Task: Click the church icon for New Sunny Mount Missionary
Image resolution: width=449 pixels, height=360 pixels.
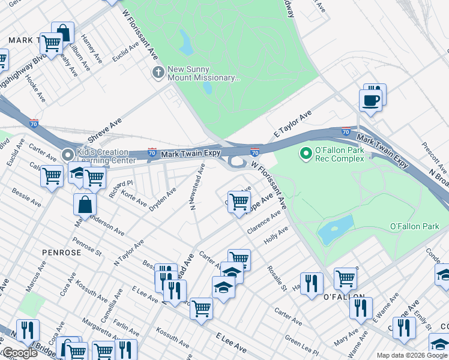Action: (x=157, y=73)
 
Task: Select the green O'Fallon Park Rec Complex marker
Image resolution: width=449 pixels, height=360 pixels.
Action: (x=306, y=154)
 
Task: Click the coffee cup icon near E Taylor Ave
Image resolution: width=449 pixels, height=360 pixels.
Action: (x=370, y=100)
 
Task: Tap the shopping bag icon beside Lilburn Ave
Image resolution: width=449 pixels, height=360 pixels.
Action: (x=62, y=33)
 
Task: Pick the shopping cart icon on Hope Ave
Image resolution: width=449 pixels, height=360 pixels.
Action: (x=239, y=202)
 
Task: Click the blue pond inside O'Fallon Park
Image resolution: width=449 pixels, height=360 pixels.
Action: (x=335, y=229)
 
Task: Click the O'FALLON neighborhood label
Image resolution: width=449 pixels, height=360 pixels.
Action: (x=344, y=297)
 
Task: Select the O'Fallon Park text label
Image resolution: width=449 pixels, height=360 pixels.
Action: (x=415, y=226)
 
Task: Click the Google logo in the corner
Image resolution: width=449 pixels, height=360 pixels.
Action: (x=19, y=353)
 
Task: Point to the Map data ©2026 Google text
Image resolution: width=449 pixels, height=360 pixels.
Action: (x=411, y=355)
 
